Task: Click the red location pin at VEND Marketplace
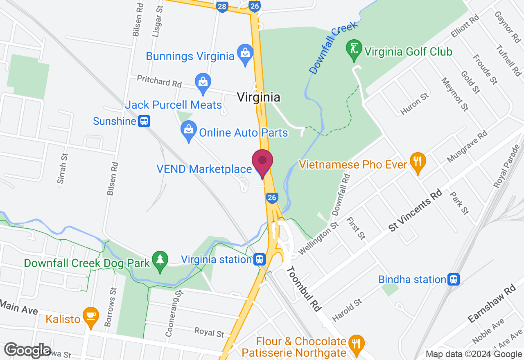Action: click(262, 162)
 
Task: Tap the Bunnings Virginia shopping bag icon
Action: click(245, 54)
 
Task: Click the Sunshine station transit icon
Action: click(144, 121)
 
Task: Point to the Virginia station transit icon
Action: click(260, 259)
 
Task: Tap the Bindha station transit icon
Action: click(453, 279)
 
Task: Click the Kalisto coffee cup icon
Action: click(90, 317)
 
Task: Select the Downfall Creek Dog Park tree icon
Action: click(160, 261)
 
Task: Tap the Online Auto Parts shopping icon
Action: click(188, 130)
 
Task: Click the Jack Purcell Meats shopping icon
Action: click(203, 83)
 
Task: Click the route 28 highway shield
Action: click(222, 6)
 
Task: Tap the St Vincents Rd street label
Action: click(415, 210)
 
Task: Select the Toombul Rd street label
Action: click(304, 288)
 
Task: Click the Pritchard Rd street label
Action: click(159, 81)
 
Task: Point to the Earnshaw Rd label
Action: click(492, 304)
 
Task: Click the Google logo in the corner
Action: click(27, 350)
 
